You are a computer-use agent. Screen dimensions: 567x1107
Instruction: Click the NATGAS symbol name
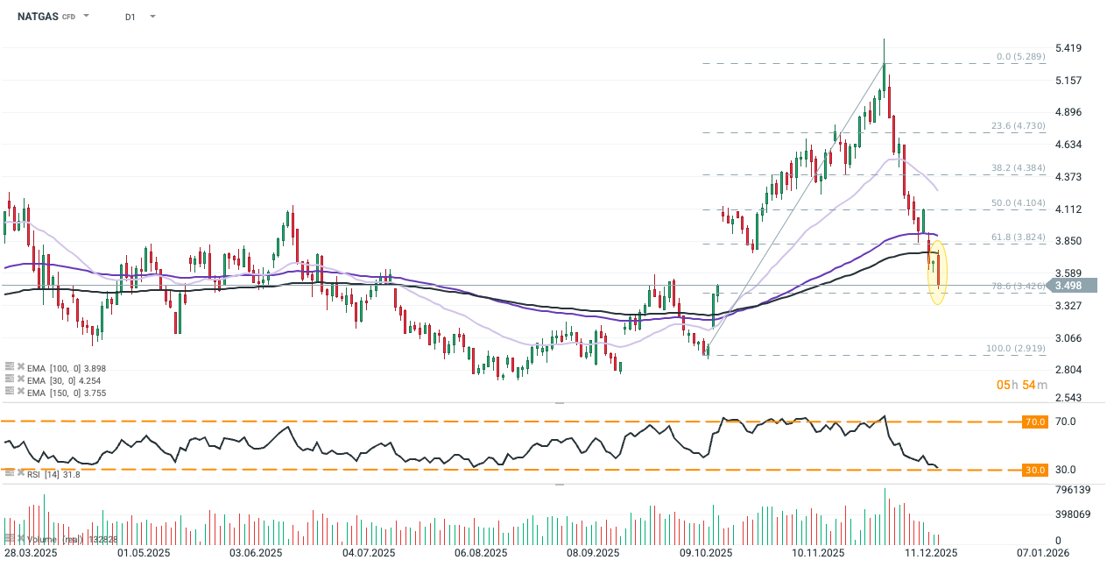(37, 17)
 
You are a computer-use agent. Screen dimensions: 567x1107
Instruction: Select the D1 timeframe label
(130, 17)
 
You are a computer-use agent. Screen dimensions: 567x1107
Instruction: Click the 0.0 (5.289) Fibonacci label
(1020, 57)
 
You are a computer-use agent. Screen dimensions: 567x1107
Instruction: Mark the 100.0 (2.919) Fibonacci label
(1016, 349)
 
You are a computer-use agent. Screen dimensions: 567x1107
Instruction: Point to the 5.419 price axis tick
(1070, 47)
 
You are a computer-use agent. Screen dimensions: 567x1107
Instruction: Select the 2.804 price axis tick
(1070, 370)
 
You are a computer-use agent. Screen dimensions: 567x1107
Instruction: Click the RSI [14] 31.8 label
(54, 474)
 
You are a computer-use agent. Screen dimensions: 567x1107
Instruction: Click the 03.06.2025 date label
(255, 553)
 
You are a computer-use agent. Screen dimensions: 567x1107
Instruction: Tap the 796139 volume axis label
(1073, 489)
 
